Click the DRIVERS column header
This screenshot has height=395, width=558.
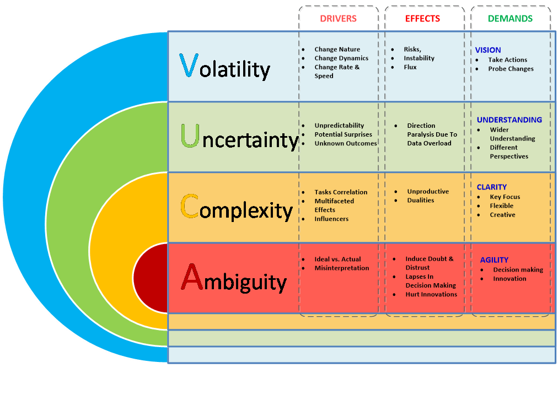coord(338,19)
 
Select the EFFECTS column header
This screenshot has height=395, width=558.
coord(422,19)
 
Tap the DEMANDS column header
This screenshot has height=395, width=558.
coord(510,19)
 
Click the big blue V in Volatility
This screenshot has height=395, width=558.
coord(188,66)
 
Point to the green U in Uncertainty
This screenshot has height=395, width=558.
coord(190,136)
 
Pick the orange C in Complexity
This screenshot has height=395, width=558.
coord(190,207)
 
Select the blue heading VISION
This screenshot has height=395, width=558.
coord(488,50)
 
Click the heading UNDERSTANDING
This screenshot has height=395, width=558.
coord(509,120)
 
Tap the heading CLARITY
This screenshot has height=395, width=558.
coord(491,187)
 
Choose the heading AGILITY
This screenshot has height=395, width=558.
coord(494,260)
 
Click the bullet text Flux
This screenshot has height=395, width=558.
coord(410,67)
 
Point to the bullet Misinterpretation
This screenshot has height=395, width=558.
coord(341,268)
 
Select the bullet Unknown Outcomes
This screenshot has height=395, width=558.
coord(346,143)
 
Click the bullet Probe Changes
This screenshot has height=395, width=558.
coord(511,69)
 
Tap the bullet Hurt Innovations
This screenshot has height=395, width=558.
coord(431,294)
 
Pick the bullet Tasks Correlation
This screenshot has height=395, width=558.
coord(341,192)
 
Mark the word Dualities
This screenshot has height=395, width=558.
coord(421,201)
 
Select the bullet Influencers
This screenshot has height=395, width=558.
coord(331,219)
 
